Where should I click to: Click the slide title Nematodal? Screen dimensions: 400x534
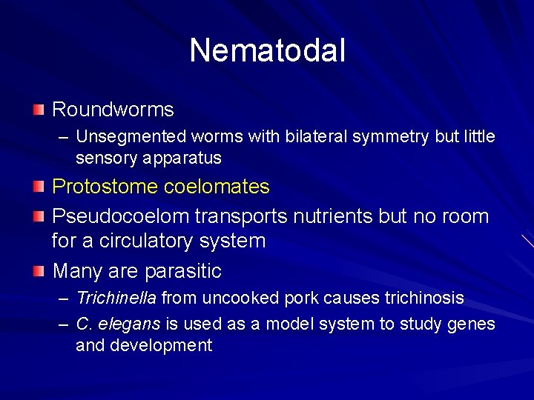[267, 50]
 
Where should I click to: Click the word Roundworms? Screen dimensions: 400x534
[113, 110]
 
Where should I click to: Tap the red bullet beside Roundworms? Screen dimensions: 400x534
[39, 110]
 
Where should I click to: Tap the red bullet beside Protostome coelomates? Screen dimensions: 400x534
[39, 187]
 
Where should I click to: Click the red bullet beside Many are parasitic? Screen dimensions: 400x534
[39, 272]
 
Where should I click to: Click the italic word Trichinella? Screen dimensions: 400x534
[116, 299]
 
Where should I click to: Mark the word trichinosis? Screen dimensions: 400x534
[423, 299]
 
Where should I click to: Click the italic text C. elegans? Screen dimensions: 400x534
[118, 324]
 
